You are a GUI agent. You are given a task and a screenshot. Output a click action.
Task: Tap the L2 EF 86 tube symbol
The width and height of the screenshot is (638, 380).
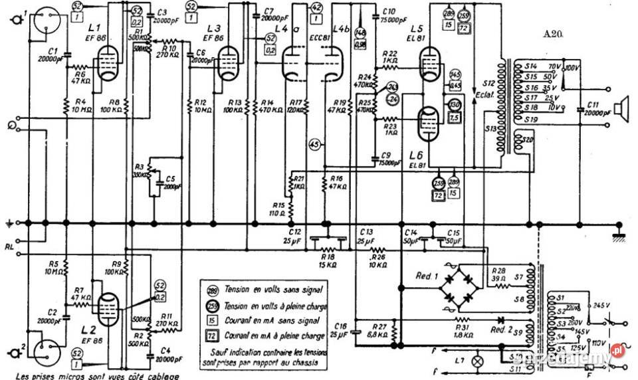point(106,308)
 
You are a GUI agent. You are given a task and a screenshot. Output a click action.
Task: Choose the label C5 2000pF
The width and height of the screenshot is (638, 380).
point(169,182)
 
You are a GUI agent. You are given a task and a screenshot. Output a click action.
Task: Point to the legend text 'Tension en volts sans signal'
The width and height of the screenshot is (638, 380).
point(266,290)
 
